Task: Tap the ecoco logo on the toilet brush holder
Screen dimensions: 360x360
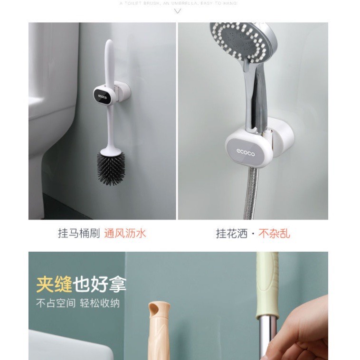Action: pos(104,95)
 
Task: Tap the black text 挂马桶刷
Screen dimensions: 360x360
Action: pos(78,233)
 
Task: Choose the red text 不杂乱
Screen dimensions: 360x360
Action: pos(275,233)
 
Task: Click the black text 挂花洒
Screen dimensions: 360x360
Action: pos(232,233)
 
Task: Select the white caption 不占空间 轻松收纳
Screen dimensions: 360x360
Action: pos(78,303)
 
